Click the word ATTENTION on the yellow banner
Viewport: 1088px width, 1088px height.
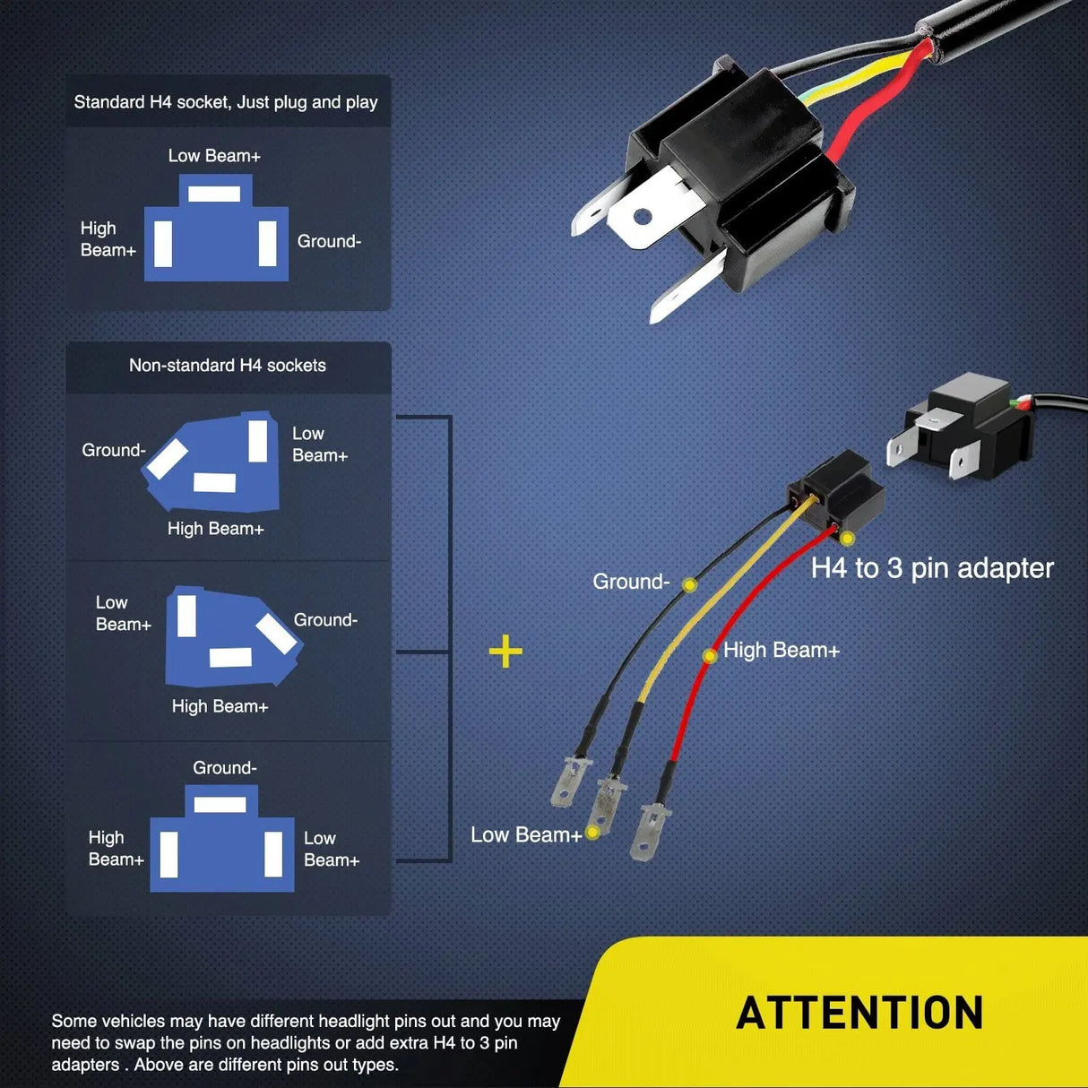click(859, 1013)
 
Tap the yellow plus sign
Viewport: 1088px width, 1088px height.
click(505, 652)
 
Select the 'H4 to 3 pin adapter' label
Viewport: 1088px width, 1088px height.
click(932, 568)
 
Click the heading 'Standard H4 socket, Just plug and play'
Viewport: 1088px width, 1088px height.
click(226, 102)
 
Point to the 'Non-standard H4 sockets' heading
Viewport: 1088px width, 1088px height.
click(228, 366)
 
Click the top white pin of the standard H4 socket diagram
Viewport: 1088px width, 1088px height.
click(214, 194)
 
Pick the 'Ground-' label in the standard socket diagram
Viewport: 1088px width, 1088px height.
click(329, 241)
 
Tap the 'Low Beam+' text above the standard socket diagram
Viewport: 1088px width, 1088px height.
click(214, 156)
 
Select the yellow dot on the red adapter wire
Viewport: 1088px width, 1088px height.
click(709, 656)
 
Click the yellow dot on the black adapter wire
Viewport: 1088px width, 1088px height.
click(689, 585)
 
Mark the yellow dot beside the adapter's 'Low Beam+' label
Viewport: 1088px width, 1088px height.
click(592, 833)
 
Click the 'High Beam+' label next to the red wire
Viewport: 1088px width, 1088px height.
click(781, 651)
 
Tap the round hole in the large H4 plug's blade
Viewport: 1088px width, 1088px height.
click(642, 217)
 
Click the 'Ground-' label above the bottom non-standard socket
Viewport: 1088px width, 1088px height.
click(225, 768)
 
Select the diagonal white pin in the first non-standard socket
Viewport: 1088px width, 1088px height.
click(168, 460)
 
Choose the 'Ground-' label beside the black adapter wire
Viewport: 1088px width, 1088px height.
click(631, 582)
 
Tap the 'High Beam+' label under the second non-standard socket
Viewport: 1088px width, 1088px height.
click(220, 707)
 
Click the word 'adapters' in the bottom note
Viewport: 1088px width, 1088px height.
click(85, 1065)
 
